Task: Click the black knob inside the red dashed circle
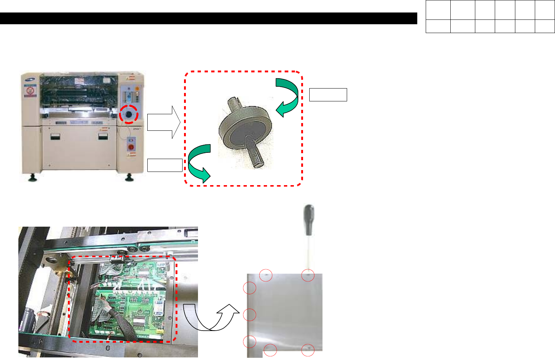tap(129, 115)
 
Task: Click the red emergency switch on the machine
tap(130, 147)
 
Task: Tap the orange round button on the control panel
tap(137, 89)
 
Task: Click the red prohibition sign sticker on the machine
tap(30, 90)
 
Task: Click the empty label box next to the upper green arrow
tap(328, 94)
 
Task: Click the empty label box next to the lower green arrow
tap(165, 165)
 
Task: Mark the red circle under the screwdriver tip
tap(308, 275)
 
